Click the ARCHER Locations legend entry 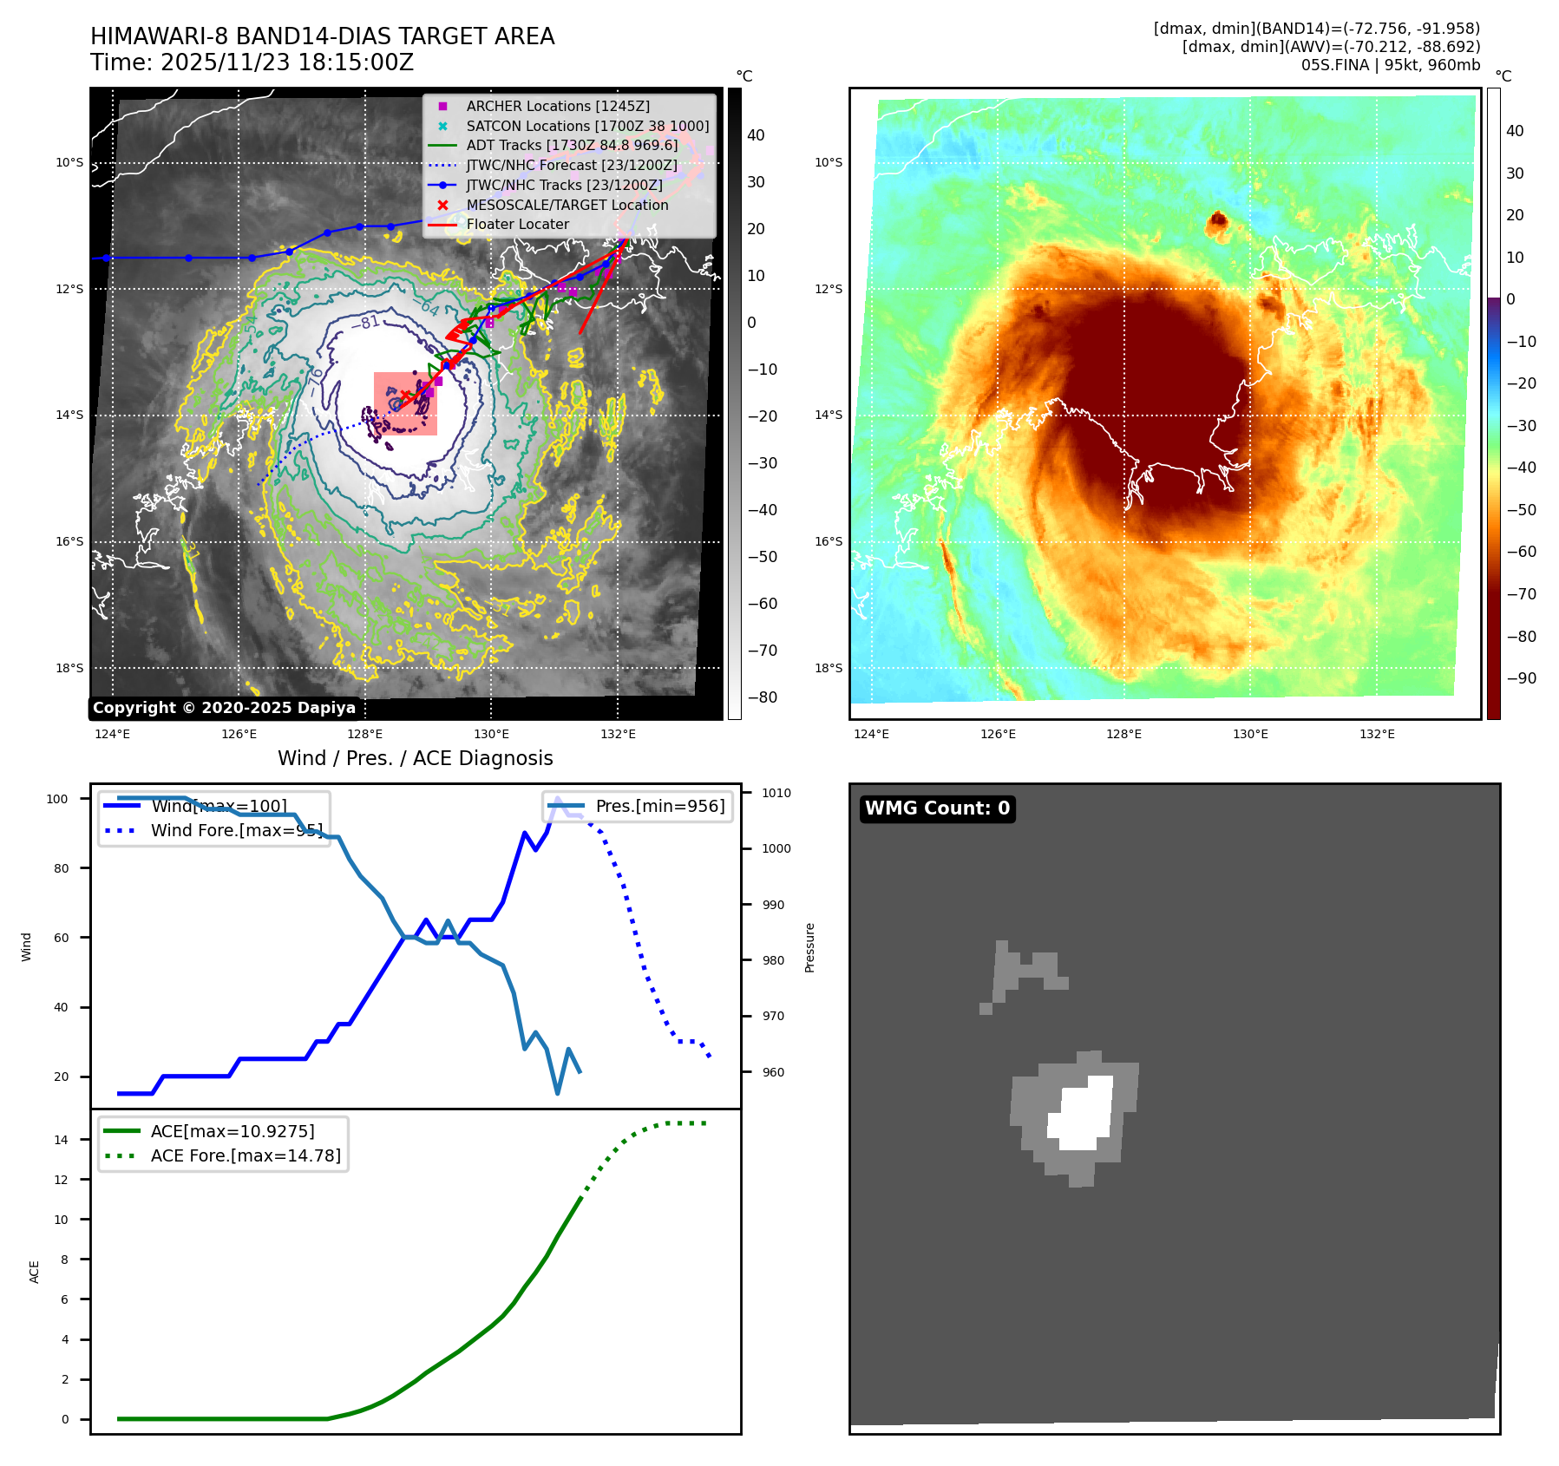[557, 106]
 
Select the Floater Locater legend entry [517, 224]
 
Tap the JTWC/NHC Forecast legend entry [571, 165]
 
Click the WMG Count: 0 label [937, 808]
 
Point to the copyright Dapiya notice [224, 708]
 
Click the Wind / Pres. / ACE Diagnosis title [415, 758]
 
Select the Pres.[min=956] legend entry [659, 806]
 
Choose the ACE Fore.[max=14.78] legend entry [246, 1155]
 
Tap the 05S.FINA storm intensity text [1390, 65]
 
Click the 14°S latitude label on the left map [70, 416]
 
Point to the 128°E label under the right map [1123, 734]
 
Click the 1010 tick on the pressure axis [776, 793]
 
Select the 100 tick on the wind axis [57, 799]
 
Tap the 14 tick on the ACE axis [61, 1140]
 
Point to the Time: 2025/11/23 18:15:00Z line [252, 62]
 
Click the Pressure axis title [809, 947]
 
